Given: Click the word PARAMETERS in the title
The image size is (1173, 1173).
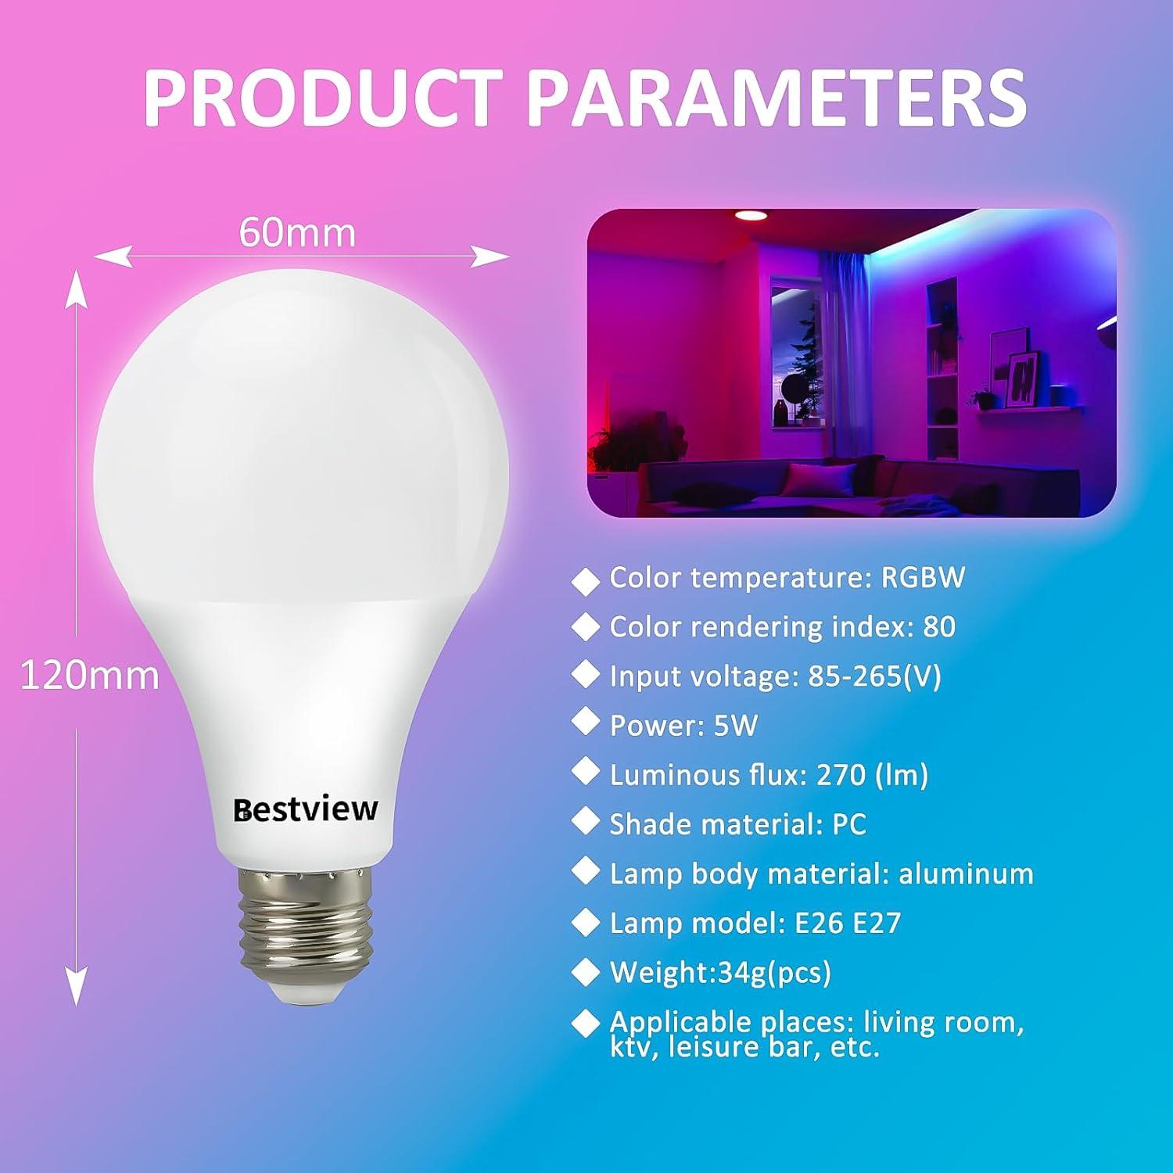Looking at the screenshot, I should point(774,99).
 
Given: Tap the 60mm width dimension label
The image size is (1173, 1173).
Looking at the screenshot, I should point(297,232).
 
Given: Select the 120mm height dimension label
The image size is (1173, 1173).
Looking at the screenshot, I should point(89,675).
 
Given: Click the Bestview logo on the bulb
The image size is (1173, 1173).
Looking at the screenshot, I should point(306,809).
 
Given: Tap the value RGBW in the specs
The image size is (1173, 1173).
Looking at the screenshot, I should point(923,578).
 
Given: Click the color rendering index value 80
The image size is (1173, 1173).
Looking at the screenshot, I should point(938,627).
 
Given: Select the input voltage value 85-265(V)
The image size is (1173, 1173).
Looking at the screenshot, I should point(874,676).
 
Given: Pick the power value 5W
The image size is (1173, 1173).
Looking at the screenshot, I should point(736,726).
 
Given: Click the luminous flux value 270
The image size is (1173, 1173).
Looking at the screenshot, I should point(841,775).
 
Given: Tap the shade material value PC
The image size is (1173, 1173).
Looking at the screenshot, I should point(848,824).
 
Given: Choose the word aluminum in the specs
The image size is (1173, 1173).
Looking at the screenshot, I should point(966,873).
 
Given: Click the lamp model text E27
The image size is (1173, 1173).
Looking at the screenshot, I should point(877,924).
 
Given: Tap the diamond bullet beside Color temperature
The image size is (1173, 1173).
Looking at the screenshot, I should point(586,581).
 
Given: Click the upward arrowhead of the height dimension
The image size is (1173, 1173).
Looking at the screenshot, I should point(76,289).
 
